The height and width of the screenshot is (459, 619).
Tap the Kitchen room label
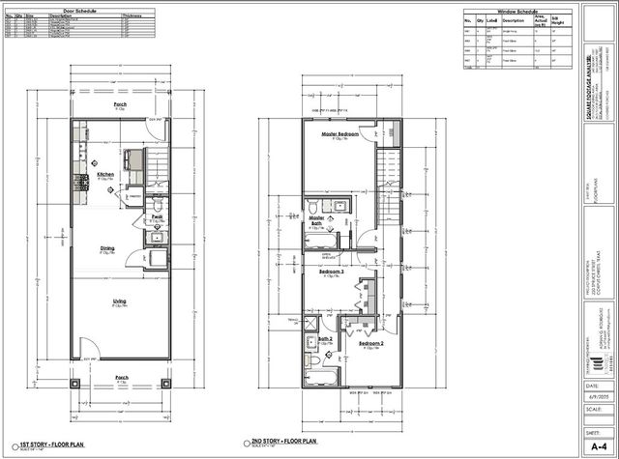click(x=105, y=175)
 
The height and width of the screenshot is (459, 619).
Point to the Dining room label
click(x=107, y=248)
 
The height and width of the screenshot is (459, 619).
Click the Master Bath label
click(x=316, y=220)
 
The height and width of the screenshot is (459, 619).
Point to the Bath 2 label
click(x=326, y=339)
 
